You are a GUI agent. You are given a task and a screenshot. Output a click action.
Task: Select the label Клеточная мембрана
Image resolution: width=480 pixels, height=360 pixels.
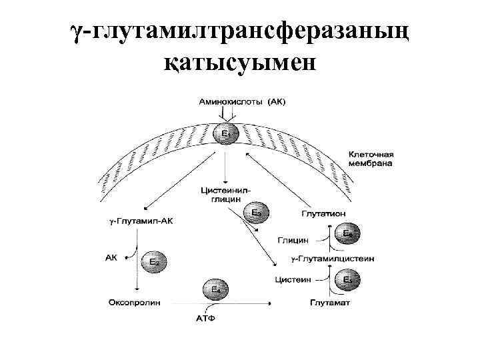[x=371, y=157]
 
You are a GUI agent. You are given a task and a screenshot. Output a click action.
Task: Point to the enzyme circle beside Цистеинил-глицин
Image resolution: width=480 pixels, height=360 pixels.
[x=256, y=213]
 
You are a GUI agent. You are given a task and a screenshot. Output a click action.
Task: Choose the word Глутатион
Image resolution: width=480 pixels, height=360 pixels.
[x=323, y=213]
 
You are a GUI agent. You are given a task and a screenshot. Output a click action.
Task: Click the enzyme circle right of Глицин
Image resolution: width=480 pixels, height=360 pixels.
[x=347, y=234]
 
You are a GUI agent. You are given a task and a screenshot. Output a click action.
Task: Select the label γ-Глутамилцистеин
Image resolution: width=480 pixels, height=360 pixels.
[x=333, y=257]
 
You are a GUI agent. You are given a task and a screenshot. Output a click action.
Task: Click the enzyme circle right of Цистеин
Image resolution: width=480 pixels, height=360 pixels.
[x=347, y=279]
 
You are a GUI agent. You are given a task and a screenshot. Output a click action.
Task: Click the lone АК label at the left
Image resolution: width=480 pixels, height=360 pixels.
[x=111, y=255]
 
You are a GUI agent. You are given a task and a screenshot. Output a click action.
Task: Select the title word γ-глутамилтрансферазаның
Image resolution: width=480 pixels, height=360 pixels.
[x=240, y=30]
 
